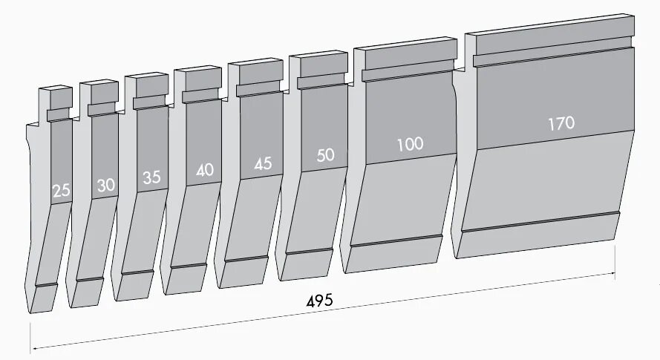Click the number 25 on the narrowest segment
62,190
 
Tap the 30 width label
106,185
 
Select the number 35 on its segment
151,177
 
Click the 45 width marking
263,164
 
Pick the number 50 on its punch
325,155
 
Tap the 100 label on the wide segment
409,144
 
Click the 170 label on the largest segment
561,123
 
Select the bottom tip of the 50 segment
304,265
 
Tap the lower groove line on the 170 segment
540,222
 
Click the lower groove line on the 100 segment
397,240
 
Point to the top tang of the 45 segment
257,73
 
